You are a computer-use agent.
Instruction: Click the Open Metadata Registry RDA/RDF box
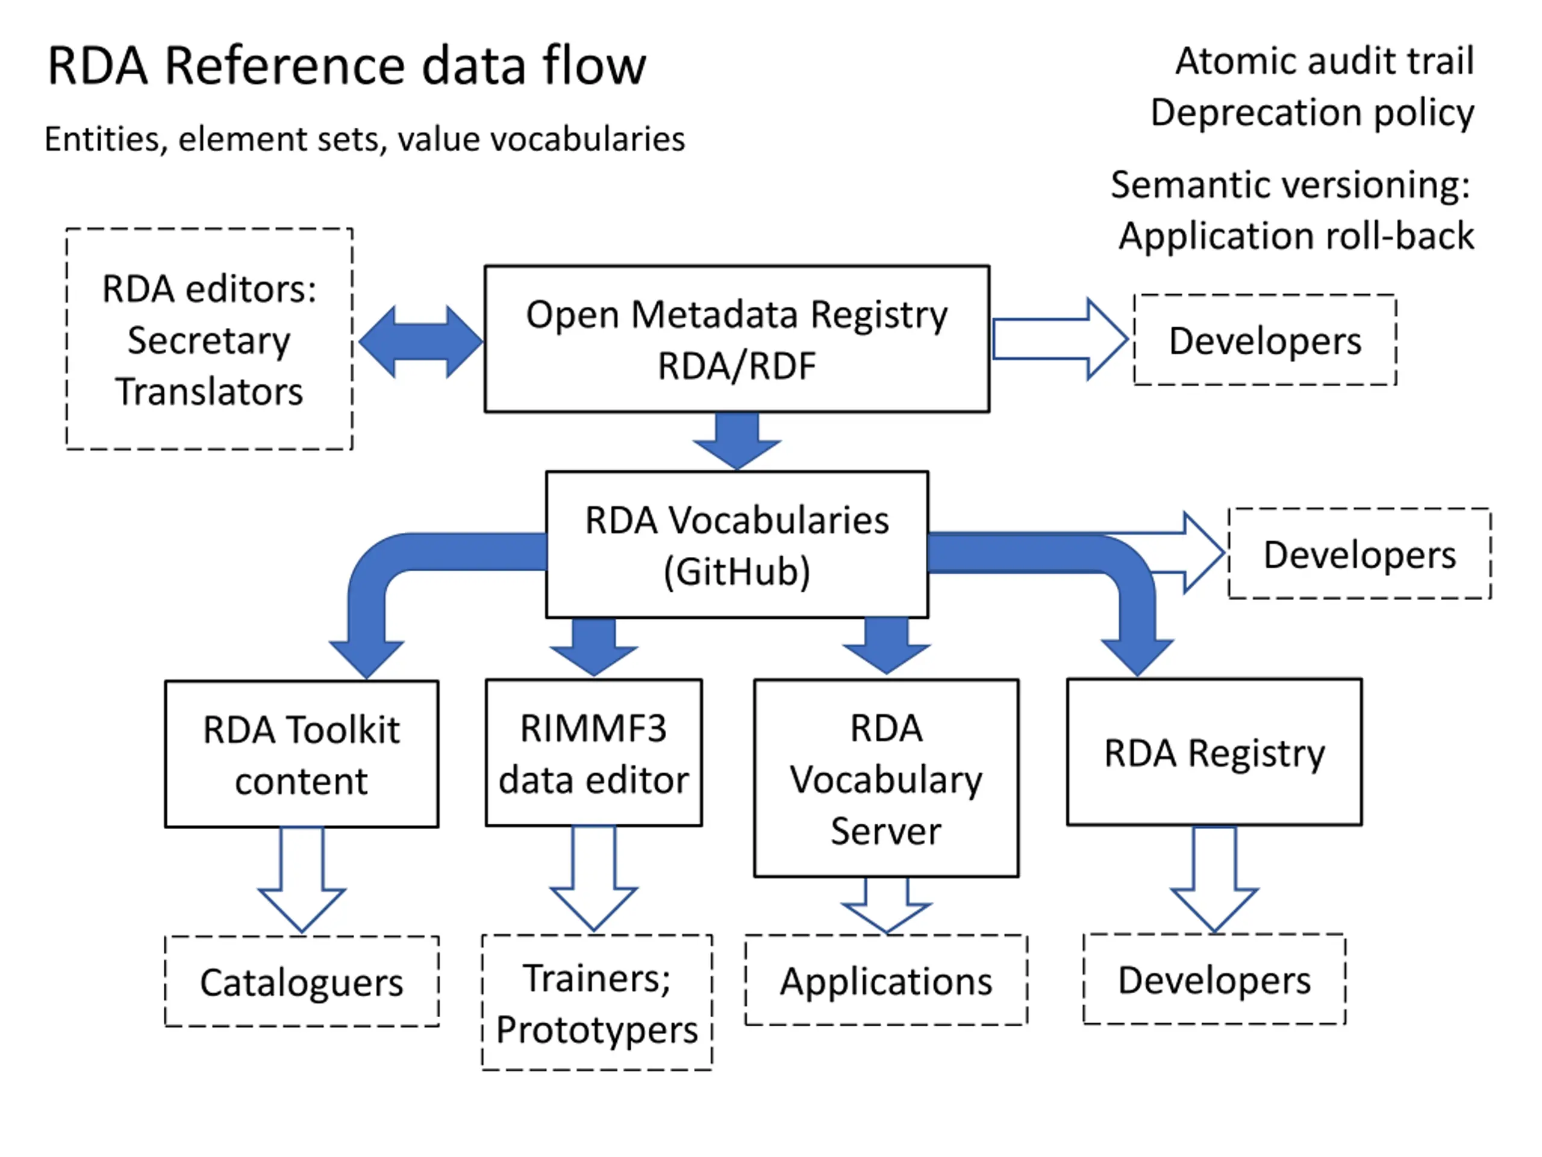coord(737,339)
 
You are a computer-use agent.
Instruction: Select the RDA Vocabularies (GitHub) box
coord(737,545)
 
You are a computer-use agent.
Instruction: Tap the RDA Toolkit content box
coord(302,754)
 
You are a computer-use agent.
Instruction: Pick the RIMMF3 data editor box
coord(594,753)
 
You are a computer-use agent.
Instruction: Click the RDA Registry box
coord(1214,752)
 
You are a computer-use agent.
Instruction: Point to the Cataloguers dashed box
coord(302,981)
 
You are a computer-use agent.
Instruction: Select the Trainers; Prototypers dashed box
coord(597,1003)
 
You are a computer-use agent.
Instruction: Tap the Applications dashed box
coord(886,980)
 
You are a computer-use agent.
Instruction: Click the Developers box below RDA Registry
coord(1214,979)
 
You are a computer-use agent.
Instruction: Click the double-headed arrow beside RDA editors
coord(420,342)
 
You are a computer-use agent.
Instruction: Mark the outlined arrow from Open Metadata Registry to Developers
coord(1060,340)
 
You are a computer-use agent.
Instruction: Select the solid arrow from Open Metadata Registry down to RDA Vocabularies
coord(737,441)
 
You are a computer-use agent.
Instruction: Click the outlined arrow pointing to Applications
coord(886,905)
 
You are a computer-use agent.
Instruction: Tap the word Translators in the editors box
coord(209,391)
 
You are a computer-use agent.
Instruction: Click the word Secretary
coord(209,342)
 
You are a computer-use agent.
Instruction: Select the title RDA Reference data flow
coord(346,66)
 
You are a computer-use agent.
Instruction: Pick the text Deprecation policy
coord(1312,113)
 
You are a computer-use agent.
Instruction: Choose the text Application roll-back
coord(1297,236)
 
